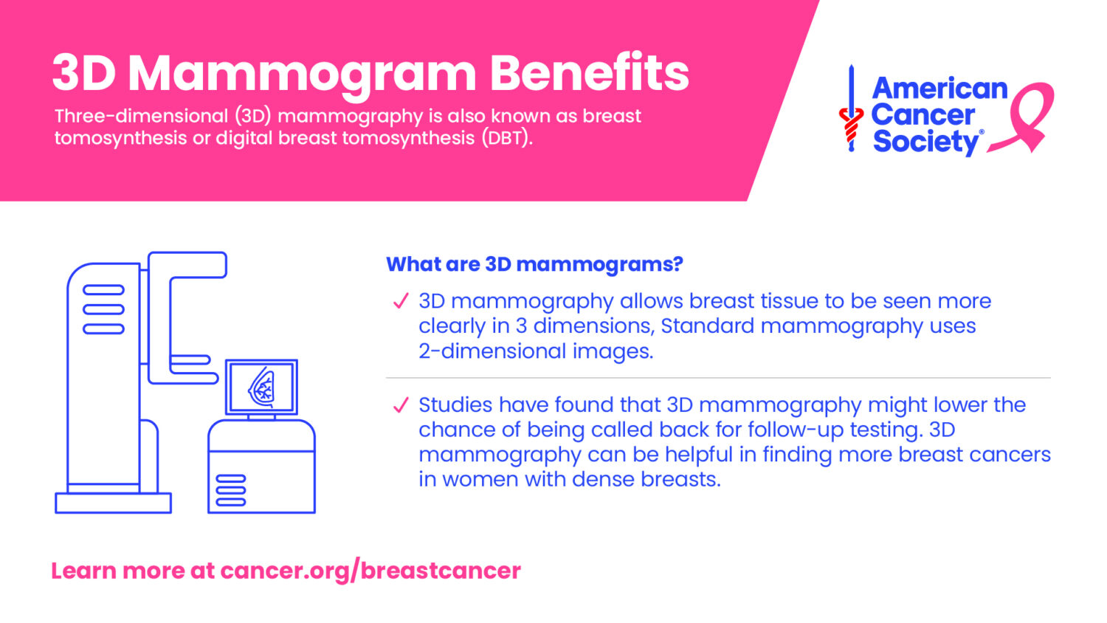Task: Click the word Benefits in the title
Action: [x=589, y=73]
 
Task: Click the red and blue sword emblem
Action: [x=851, y=109]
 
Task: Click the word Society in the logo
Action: [x=926, y=142]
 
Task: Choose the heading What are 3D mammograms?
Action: [x=534, y=264]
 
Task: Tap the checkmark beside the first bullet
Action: [x=401, y=300]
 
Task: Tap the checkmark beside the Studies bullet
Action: [x=401, y=405]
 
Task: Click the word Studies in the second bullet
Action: [x=455, y=405]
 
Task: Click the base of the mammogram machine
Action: [x=113, y=503]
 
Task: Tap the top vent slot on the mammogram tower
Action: [x=103, y=290]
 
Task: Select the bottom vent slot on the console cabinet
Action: [x=231, y=503]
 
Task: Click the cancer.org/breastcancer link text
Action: [x=370, y=571]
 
